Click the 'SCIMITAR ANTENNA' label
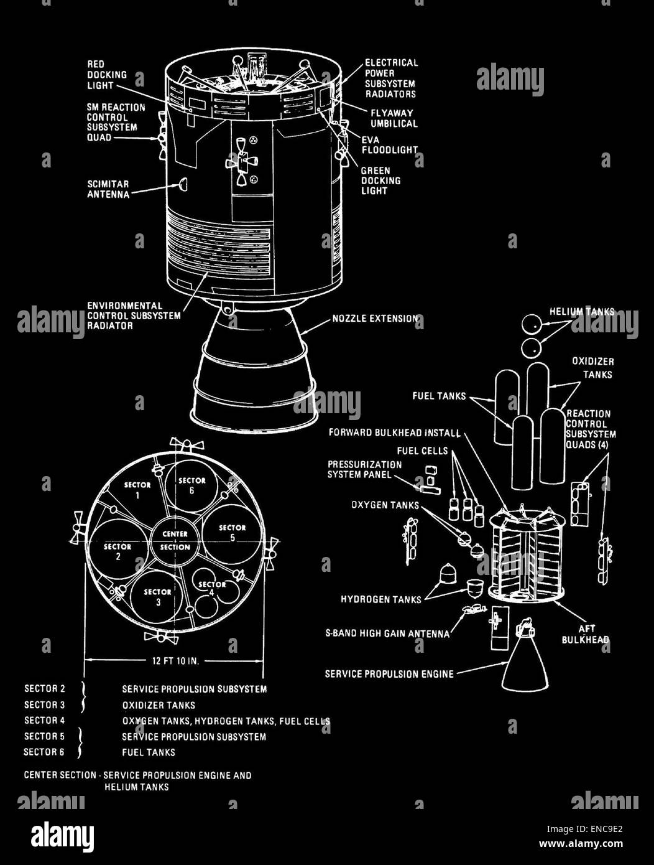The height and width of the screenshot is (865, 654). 108,189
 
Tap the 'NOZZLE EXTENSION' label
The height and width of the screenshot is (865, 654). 374,319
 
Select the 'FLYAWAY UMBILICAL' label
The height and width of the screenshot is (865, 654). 394,118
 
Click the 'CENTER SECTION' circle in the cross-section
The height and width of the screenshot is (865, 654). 175,540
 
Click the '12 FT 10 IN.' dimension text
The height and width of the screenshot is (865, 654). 175,660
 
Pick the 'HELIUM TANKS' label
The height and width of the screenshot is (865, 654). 581,312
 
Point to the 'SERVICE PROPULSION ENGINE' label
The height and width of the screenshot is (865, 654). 389,674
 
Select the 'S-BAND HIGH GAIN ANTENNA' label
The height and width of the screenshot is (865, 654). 387,634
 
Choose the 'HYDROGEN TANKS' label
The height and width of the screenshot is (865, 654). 380,599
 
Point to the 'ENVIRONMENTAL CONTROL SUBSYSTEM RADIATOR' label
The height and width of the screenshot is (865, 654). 134,316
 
